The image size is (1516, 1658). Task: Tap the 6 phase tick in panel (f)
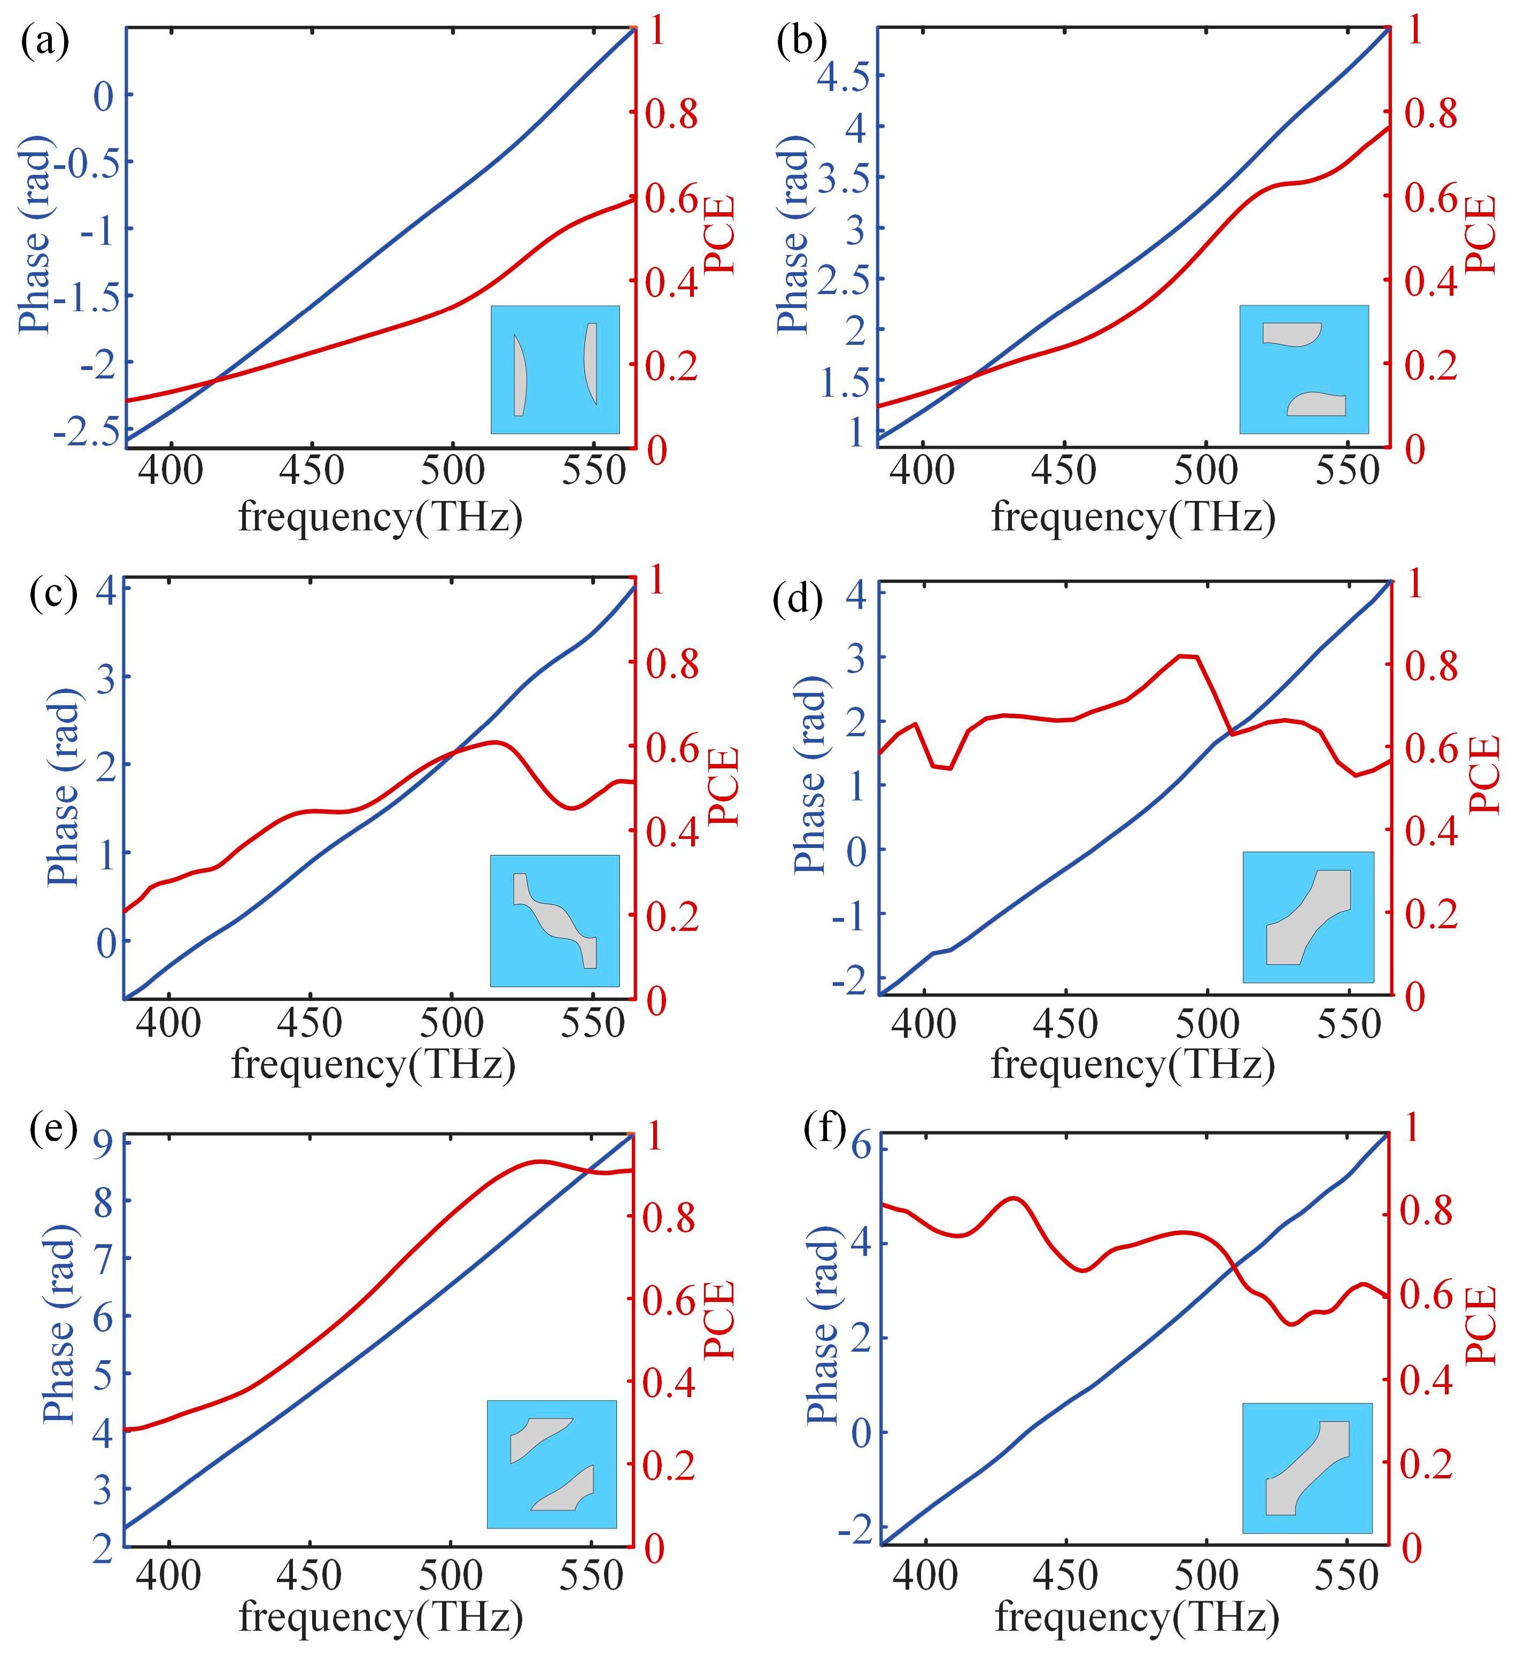coord(860,1145)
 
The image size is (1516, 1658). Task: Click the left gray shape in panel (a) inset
coord(519,375)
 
